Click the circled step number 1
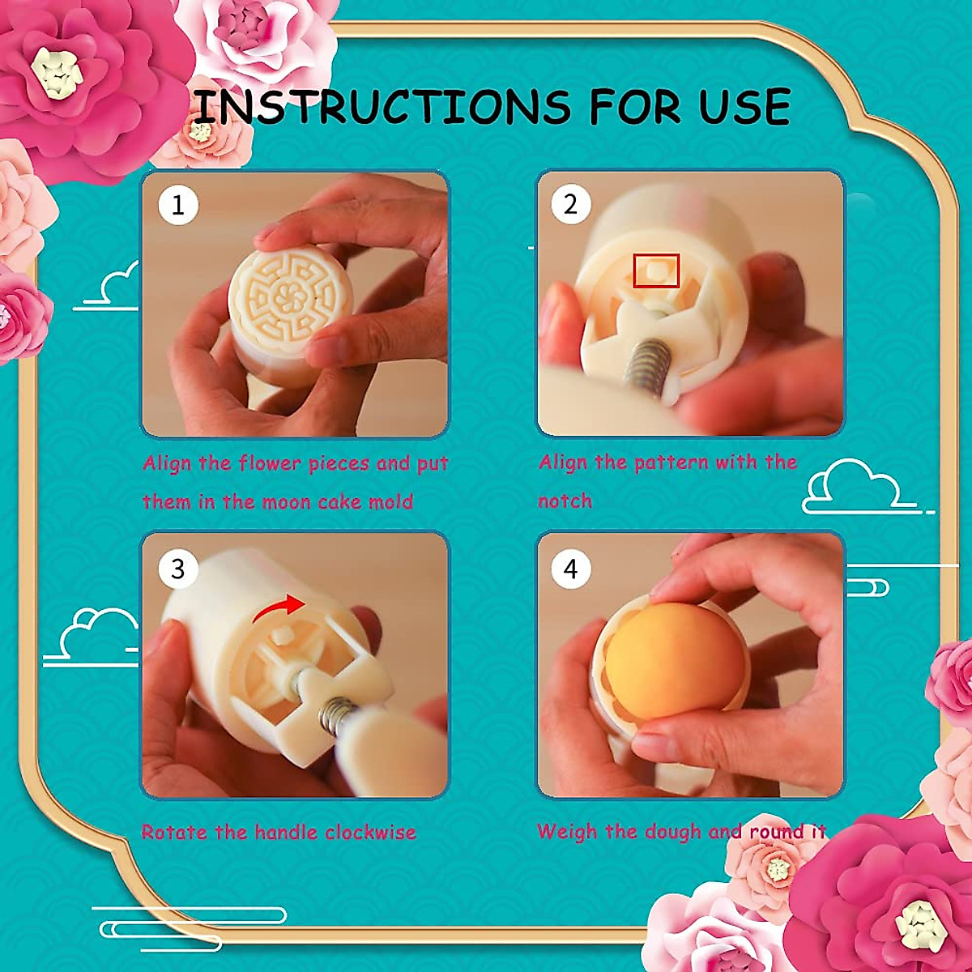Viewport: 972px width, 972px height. pyautogui.click(x=178, y=205)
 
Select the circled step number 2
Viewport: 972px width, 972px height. pyautogui.click(x=571, y=204)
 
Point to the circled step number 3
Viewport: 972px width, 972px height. pyautogui.click(x=178, y=569)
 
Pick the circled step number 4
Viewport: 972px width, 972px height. pyautogui.click(x=571, y=569)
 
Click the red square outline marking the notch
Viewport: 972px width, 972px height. pyautogui.click(x=655, y=270)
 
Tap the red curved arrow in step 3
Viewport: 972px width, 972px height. pyautogui.click(x=278, y=609)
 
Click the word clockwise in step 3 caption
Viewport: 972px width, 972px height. pyautogui.click(x=371, y=833)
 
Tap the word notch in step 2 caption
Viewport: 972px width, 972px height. pyautogui.click(x=565, y=501)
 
